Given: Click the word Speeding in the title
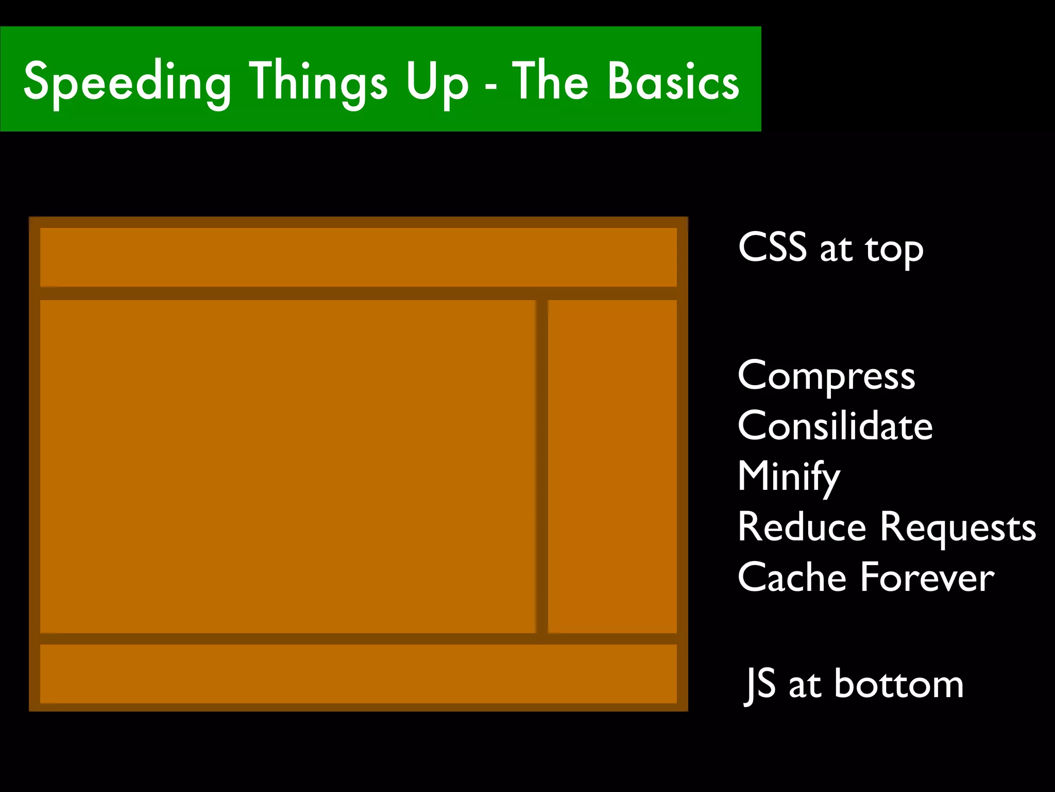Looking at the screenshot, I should pos(127,82).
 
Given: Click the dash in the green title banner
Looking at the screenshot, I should pos(491,85).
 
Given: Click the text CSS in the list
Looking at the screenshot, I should pos(772,247).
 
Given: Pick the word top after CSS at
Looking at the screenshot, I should pos(894,251).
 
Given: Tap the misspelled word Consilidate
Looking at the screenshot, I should pos(835,426).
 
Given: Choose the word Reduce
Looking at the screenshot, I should pos(802,527).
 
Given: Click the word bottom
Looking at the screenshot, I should pos(899,684).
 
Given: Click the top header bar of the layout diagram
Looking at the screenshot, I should pos(358,257).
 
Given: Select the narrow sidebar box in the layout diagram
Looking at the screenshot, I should pos(612,466).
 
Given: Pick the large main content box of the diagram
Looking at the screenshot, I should pos(287,466).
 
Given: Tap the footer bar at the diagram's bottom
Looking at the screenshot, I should pos(358,673).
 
